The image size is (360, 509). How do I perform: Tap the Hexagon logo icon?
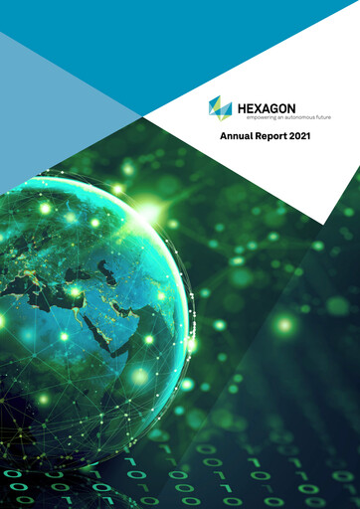(x=220, y=107)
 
